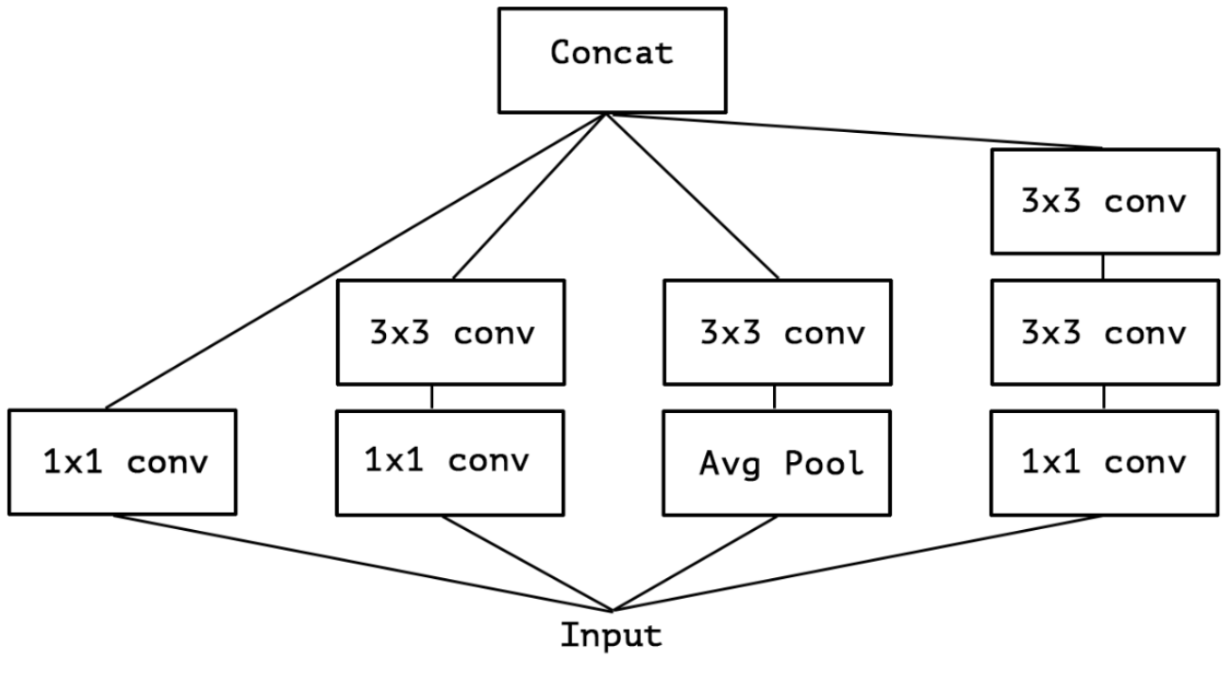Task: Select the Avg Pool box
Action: tap(777, 462)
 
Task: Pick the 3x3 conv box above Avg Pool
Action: tap(777, 332)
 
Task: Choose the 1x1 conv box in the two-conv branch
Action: tap(449, 462)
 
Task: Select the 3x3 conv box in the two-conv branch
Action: tap(449, 332)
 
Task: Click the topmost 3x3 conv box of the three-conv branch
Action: tap(1102, 201)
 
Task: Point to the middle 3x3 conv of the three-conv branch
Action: tap(1102, 332)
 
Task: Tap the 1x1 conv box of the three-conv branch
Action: tap(1102, 462)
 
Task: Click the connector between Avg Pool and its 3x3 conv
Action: tap(775, 396)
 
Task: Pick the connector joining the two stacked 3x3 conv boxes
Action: tap(1102, 266)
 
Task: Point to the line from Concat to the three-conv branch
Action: tap(854, 131)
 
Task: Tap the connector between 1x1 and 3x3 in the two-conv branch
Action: tap(432, 396)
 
